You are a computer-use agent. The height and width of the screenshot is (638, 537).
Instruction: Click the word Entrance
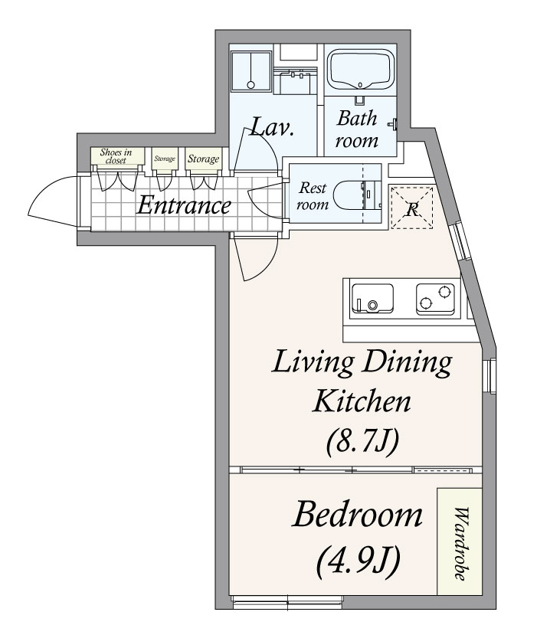pyautogui.click(x=185, y=205)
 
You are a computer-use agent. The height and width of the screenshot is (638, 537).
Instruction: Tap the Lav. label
pyautogui.click(x=271, y=127)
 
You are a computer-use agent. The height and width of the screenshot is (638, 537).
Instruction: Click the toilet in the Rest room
pyautogui.click(x=357, y=195)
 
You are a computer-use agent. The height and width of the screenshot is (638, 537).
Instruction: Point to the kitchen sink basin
pyautogui.click(x=372, y=299)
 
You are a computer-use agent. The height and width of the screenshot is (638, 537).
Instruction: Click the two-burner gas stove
pyautogui.click(x=435, y=299)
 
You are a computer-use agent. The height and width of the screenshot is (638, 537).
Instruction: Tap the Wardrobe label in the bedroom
pyautogui.click(x=460, y=543)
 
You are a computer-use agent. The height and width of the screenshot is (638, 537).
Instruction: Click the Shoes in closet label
pyautogui.click(x=116, y=156)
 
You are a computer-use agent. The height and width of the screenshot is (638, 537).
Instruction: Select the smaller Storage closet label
pyautogui.click(x=165, y=159)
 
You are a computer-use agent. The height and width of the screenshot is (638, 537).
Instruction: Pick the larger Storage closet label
pyautogui.click(x=203, y=159)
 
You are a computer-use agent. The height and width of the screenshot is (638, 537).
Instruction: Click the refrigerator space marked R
pyautogui.click(x=411, y=207)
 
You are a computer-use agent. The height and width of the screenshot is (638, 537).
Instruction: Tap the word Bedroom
pyautogui.click(x=357, y=515)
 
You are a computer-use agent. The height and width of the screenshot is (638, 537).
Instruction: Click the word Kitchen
pyautogui.click(x=362, y=401)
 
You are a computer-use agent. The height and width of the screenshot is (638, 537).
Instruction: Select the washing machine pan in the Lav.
pyautogui.click(x=251, y=70)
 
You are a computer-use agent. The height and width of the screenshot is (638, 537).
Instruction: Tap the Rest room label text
pyautogui.click(x=313, y=196)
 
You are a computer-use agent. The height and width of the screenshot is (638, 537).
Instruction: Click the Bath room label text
pyautogui.click(x=356, y=129)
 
